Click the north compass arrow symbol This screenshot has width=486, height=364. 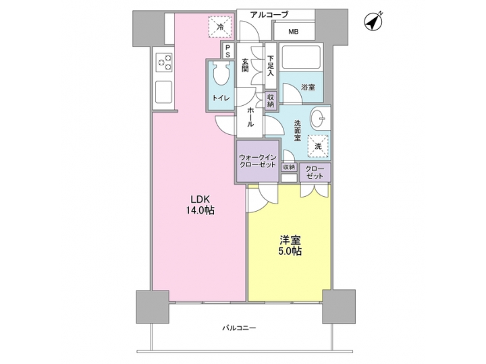373,22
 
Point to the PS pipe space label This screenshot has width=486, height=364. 228,51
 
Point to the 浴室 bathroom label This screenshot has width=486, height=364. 308,87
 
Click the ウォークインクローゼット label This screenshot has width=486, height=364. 256,162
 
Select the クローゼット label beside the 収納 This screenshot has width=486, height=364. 314,171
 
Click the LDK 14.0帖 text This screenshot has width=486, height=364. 201,204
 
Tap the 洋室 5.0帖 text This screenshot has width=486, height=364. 290,244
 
